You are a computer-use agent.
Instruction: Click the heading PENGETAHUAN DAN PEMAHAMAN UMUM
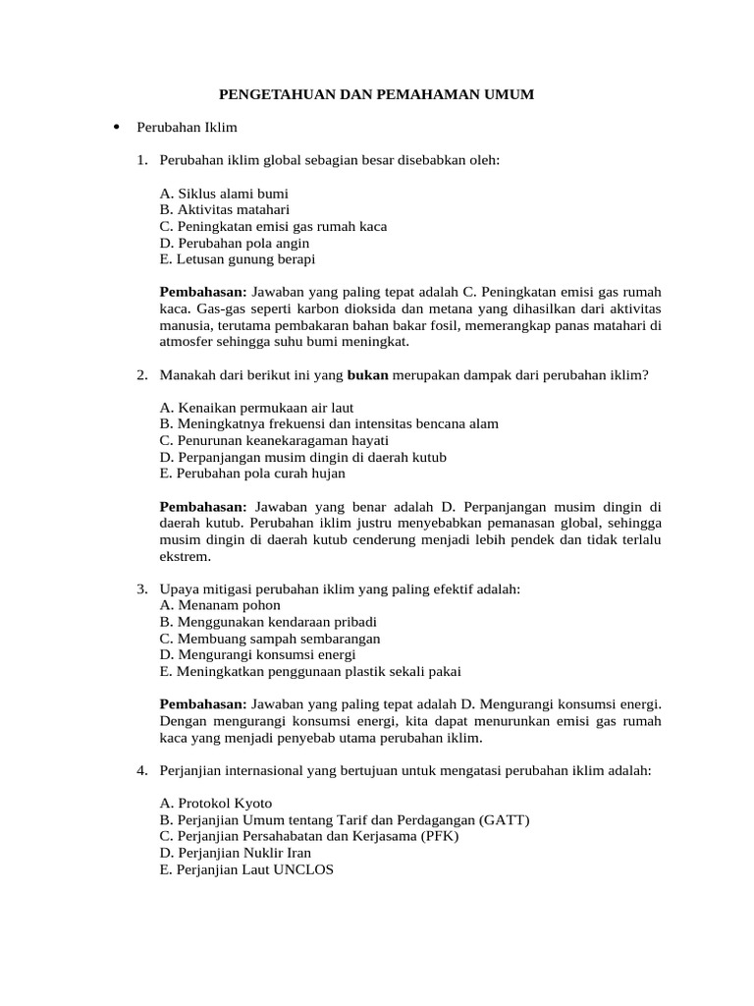(x=375, y=94)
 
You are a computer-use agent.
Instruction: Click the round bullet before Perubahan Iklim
(x=117, y=127)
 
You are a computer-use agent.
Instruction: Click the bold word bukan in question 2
(x=368, y=374)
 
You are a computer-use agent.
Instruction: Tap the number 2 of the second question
(x=142, y=374)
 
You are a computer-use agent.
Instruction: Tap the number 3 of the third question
(x=142, y=589)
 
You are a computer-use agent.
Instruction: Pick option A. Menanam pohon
(x=206, y=605)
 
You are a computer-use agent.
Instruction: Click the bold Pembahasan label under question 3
(x=203, y=704)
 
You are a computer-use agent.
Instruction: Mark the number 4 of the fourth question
(x=142, y=771)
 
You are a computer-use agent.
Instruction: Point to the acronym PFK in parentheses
(x=436, y=837)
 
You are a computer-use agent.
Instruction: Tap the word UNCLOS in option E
(x=303, y=869)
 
